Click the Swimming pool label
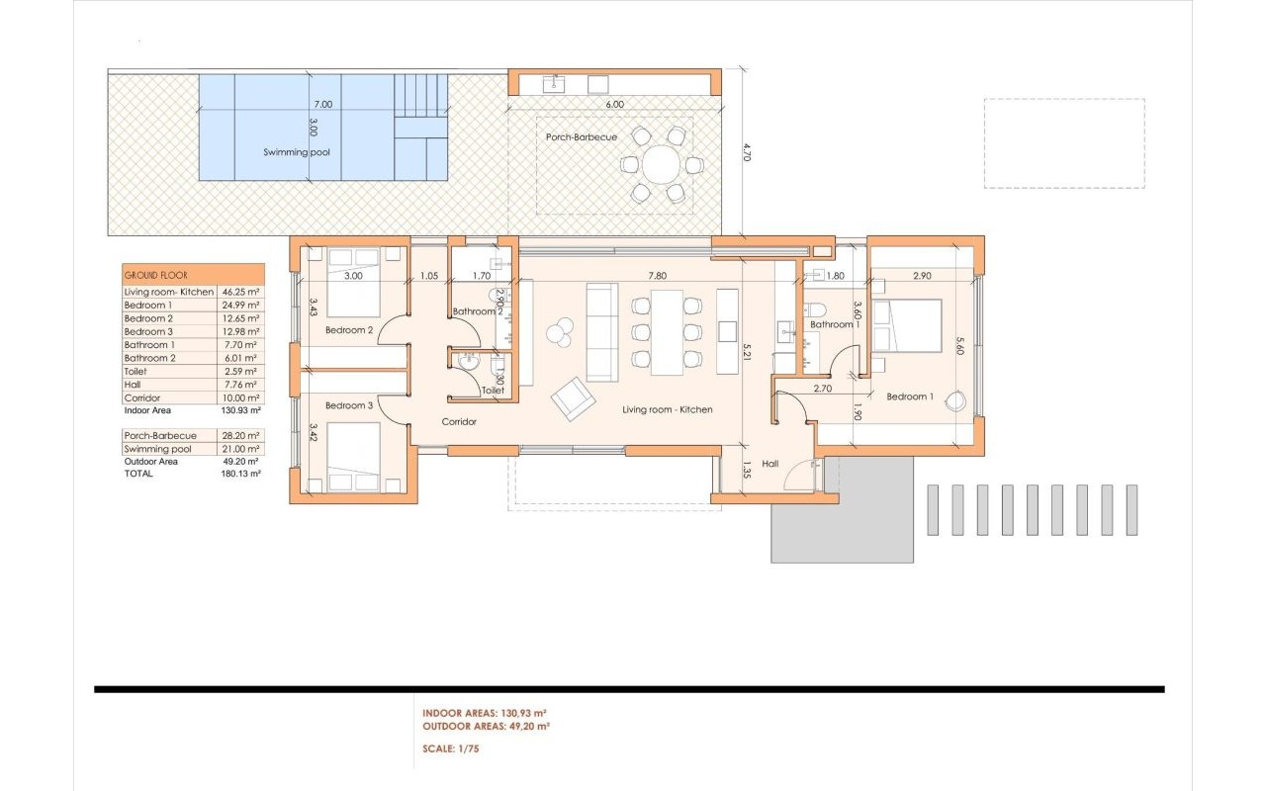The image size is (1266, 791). coord(297,152)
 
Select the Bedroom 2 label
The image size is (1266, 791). coord(349,330)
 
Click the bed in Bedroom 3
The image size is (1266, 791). coord(353,456)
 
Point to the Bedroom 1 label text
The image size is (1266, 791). coord(909,396)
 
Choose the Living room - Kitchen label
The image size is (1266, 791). coord(667,409)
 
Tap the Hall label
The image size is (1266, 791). coord(770,463)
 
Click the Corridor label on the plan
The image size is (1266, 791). coord(459,421)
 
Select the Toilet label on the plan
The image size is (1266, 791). coord(493,391)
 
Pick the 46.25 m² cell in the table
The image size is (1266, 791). coord(240,293)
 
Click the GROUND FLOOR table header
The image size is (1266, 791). coord(155,274)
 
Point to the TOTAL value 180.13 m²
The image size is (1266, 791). coord(240,474)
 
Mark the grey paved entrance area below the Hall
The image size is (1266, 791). coord(841,524)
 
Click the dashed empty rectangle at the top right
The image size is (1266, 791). coord(1064,143)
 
